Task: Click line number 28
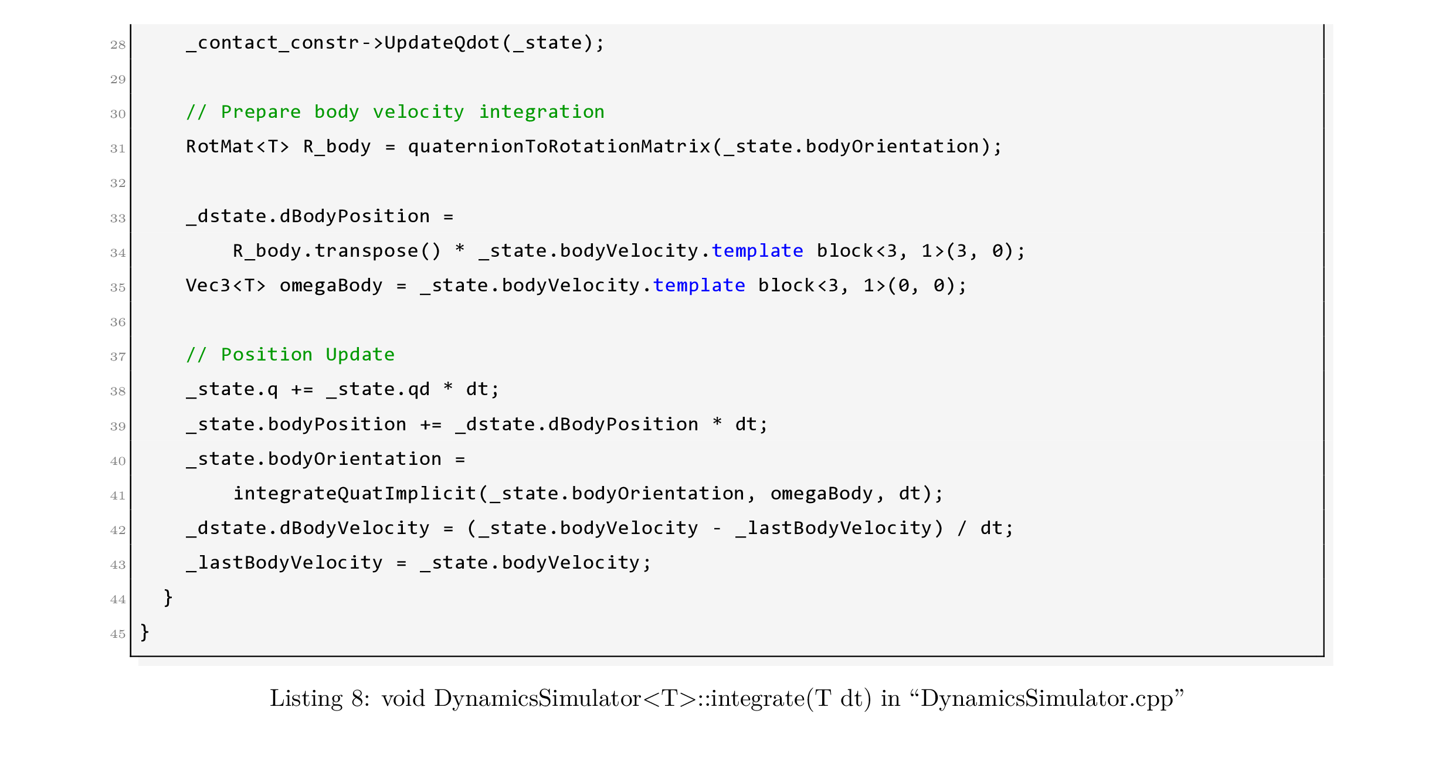point(117,45)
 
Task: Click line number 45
point(117,634)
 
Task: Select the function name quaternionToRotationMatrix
point(559,146)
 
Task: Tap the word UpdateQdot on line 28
point(442,42)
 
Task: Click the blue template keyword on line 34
point(757,250)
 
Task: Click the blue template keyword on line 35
point(699,285)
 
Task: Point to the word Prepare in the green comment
point(260,111)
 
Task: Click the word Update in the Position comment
point(360,354)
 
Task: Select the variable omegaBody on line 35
point(331,285)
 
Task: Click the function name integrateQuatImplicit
point(355,493)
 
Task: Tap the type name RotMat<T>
point(238,146)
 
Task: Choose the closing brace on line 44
point(168,597)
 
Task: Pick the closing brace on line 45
point(145,632)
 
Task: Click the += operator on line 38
point(302,389)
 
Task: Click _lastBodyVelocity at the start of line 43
point(284,562)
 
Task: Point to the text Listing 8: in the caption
point(320,698)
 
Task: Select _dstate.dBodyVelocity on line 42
point(308,528)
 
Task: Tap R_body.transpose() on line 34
point(337,250)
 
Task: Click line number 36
point(117,322)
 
